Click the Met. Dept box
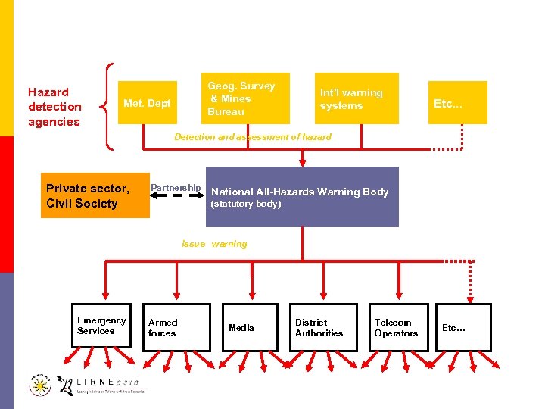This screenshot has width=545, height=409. coord(148,103)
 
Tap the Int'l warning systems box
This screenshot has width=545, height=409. coord(357,100)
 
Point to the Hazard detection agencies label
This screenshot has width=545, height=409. coord(54,107)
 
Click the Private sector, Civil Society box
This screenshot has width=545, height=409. coord(95,195)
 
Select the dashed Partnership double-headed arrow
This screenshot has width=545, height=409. coord(176,196)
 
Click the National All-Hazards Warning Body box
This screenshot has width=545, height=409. coord(301,196)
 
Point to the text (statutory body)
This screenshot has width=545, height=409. coord(246,204)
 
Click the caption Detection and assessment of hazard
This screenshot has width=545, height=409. coord(252,137)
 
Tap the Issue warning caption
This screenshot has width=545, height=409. coord(214,244)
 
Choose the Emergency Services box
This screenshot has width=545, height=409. coord(102,326)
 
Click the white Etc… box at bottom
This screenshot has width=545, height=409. coord(463,327)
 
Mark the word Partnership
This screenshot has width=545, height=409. coord(176,187)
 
